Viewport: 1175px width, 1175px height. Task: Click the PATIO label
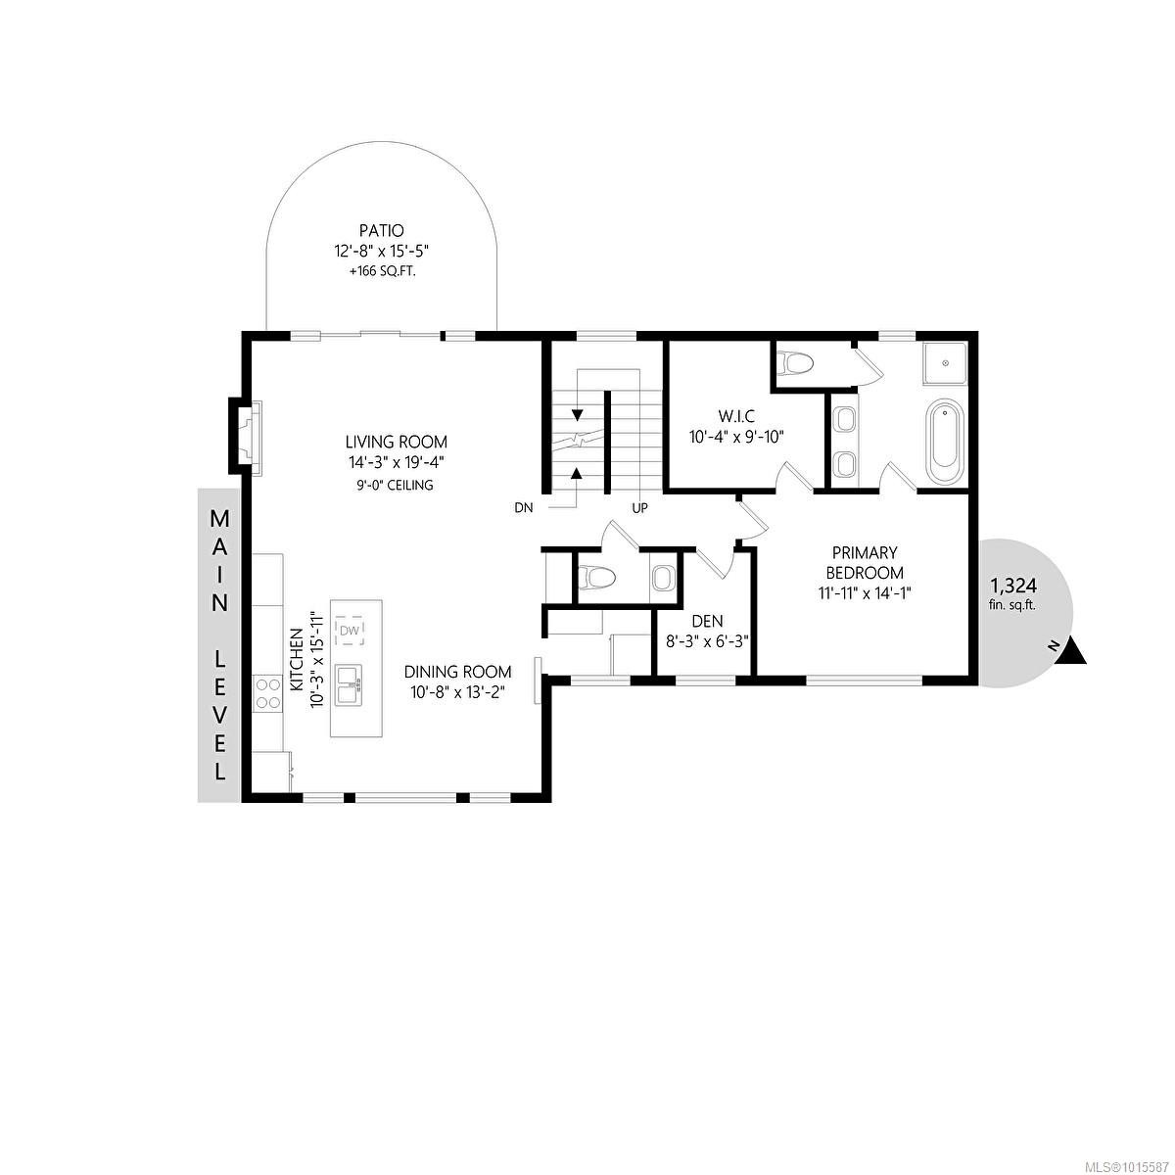pyautogui.click(x=382, y=231)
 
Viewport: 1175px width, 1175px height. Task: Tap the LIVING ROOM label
pyautogui.click(x=396, y=442)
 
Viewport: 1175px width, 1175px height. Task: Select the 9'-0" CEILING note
pyautogui.click(x=396, y=485)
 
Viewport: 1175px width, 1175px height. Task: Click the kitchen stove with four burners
pyautogui.click(x=264, y=693)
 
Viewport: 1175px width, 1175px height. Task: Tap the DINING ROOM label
pyautogui.click(x=459, y=672)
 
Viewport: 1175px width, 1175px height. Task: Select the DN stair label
pyautogui.click(x=523, y=508)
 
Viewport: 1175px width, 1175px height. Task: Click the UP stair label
pyautogui.click(x=639, y=508)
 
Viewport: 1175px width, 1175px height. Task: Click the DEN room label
pyautogui.click(x=707, y=620)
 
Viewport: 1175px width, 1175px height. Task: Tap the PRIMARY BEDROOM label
pyautogui.click(x=865, y=563)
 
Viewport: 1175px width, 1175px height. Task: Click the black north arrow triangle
pyautogui.click(x=1073, y=651)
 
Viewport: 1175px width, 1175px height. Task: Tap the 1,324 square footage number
pyautogui.click(x=1012, y=586)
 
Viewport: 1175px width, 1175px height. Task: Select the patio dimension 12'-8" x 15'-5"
pyautogui.click(x=382, y=252)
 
